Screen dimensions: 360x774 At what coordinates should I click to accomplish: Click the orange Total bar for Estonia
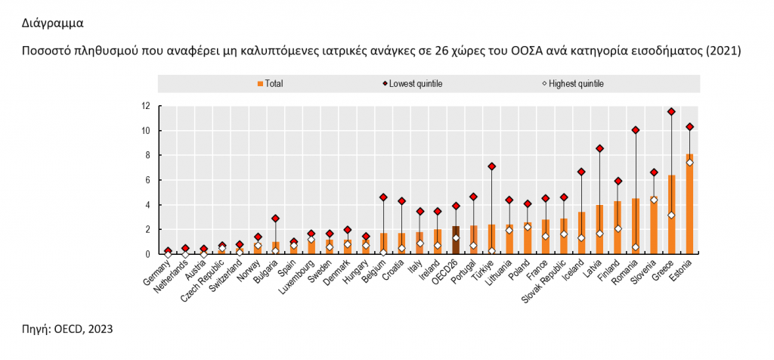[x=689, y=204]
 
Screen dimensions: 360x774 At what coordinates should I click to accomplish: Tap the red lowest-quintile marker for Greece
[x=671, y=112]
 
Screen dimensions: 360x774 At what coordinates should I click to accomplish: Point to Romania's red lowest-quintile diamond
[x=636, y=130]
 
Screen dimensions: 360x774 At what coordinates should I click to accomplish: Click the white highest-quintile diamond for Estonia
[x=689, y=163]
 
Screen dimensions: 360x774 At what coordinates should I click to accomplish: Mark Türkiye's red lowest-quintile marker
[x=492, y=166]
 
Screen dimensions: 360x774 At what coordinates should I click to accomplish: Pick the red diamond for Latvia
[x=600, y=148]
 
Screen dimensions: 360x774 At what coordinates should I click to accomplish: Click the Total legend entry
[x=270, y=83]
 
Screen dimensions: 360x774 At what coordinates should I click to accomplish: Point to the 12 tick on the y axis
[x=145, y=106]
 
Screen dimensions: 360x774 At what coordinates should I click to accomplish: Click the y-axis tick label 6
[x=147, y=180]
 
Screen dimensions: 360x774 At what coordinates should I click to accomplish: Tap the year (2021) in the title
[x=723, y=51]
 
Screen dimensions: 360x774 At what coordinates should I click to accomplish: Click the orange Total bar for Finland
[x=618, y=228]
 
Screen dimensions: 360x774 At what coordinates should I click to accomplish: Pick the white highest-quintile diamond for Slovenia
[x=654, y=200]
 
